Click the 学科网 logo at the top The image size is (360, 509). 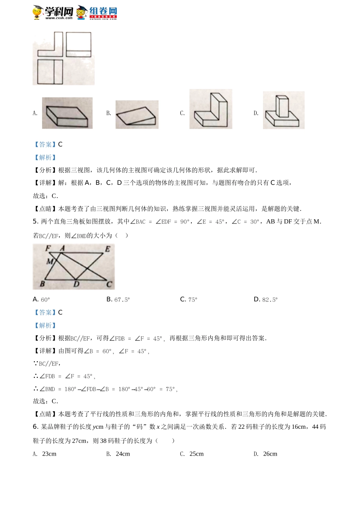coord(53,12)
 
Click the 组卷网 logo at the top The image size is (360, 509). coord(97,12)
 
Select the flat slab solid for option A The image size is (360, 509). coord(67,113)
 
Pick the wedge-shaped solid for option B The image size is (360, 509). coord(137,115)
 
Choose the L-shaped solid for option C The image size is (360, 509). coord(211,109)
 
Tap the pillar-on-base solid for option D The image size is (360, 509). coord(283,110)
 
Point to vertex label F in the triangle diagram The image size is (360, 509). coord(48,248)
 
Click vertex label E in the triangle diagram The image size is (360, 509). coord(108,249)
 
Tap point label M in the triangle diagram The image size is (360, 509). coord(50,261)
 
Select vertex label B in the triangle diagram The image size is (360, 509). coord(42,283)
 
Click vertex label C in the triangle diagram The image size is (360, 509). coord(109,284)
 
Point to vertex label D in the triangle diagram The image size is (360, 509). coord(76,284)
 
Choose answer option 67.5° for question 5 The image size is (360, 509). coord(122,300)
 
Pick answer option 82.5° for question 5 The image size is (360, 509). coord(269,300)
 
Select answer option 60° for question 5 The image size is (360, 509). coord(45,300)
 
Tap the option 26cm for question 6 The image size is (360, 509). coord(270,454)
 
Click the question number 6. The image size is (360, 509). coord(35,427)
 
